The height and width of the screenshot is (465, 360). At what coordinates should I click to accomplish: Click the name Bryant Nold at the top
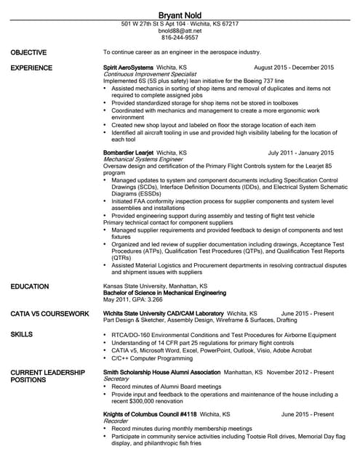pos(180,15)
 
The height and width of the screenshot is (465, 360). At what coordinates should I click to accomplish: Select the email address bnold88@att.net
pos(180,31)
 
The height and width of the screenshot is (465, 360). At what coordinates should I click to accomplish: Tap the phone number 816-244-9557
pos(180,39)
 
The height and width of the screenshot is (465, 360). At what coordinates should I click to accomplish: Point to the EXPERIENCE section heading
pos(32,68)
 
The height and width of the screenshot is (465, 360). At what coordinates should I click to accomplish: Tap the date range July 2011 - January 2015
pos(300,153)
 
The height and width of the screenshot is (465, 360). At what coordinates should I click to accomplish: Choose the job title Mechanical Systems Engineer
pos(143,160)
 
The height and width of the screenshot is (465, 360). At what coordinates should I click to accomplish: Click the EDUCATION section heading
pos(30,287)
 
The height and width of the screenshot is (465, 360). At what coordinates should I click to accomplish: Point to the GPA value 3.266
pos(152,299)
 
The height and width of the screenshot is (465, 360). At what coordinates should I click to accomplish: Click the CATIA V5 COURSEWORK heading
pos(50,314)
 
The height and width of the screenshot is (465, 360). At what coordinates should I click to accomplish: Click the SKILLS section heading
pos(21,334)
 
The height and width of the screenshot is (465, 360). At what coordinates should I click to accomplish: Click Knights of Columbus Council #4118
pos(145,414)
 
